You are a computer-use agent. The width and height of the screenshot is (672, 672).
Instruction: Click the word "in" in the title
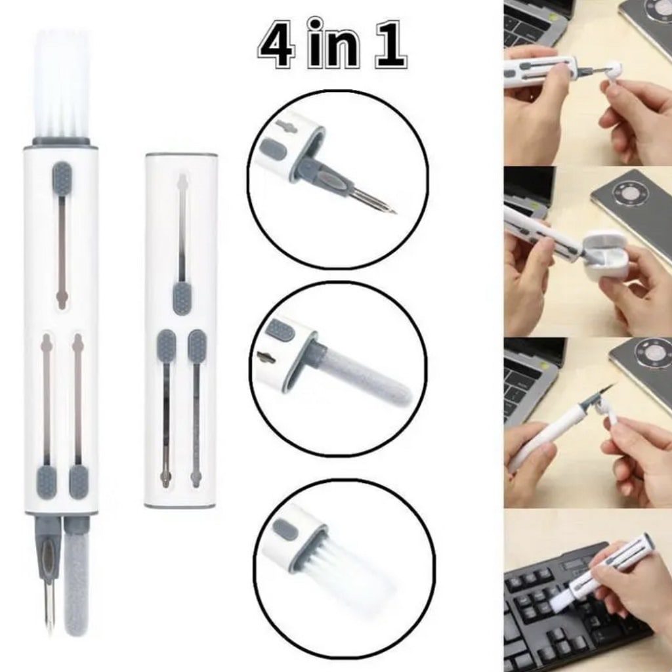[333, 43]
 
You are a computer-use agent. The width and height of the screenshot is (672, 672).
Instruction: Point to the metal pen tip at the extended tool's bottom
[50, 606]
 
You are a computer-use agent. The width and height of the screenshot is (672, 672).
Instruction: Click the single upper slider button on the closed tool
[182, 298]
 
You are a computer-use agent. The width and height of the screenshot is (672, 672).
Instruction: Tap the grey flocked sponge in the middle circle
[364, 373]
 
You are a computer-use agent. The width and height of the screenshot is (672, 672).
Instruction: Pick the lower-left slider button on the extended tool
[47, 482]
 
